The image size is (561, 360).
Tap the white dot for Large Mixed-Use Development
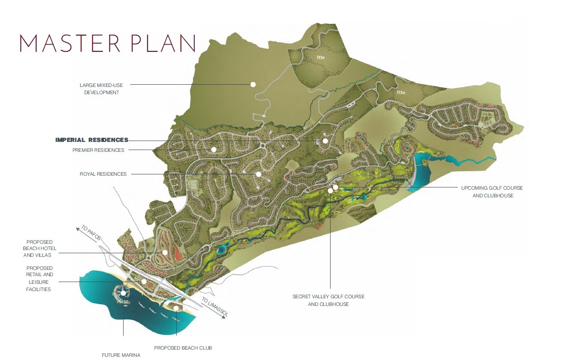pyautogui.click(x=253, y=84)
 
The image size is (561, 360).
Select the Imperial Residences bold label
pyautogui.click(x=92, y=140)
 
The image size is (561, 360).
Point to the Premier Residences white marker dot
pyautogui.click(x=214, y=149)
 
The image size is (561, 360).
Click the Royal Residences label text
pyautogui.click(x=103, y=174)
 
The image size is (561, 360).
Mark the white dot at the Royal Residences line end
pyautogui.click(x=258, y=174)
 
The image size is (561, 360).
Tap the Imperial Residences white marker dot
pyautogui.click(x=325, y=141)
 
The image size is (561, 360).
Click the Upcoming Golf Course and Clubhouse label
pyautogui.click(x=492, y=191)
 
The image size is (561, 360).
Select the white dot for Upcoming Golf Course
pyautogui.click(x=336, y=187)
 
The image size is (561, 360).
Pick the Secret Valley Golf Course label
pyautogui.click(x=328, y=300)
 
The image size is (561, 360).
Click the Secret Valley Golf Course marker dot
pyautogui.click(x=331, y=191)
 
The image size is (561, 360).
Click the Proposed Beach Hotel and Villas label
pyautogui.click(x=39, y=248)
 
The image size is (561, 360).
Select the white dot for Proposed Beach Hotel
pyautogui.click(x=165, y=253)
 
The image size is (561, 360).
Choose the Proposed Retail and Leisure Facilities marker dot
pyautogui.click(x=144, y=282)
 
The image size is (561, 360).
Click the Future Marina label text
pyautogui.click(x=121, y=355)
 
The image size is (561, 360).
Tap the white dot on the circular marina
pyautogui.click(x=123, y=293)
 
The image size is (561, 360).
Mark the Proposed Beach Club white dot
pyautogui.click(x=176, y=308)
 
